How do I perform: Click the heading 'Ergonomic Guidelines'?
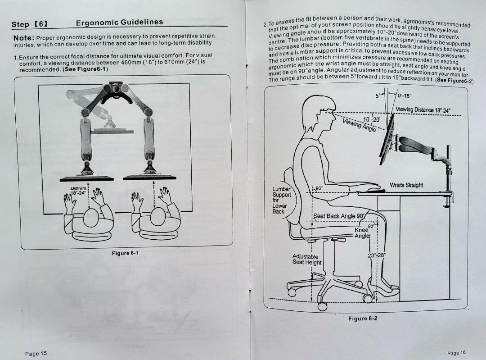pyautogui.click(x=119, y=23)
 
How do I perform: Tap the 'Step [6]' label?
pyautogui.click(x=30, y=24)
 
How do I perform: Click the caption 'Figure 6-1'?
pyautogui.click(x=125, y=253)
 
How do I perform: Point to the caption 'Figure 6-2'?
pyautogui.click(x=363, y=319)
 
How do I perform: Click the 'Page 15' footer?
pyautogui.click(x=36, y=354)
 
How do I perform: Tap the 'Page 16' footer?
pyautogui.click(x=457, y=353)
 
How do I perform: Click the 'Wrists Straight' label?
pyautogui.click(x=406, y=185)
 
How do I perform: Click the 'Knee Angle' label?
pyautogui.click(x=362, y=232)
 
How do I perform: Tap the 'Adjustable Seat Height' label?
pyautogui.click(x=307, y=260)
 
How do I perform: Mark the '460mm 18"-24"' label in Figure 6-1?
pyautogui.click(x=79, y=190)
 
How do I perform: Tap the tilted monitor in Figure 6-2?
pyautogui.click(x=387, y=140)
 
